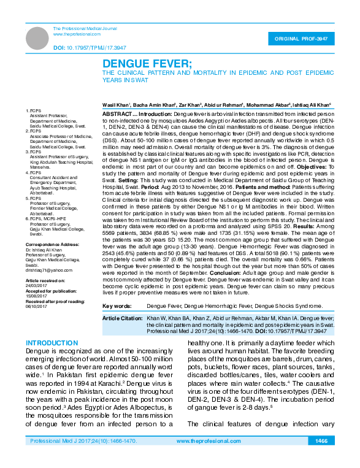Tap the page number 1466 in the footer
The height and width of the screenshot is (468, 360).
pyautogui.click(x=321, y=459)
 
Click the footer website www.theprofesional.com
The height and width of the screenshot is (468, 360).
pyautogui.click(x=203, y=459)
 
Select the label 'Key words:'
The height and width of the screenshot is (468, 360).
pyautogui.click(x=117, y=305)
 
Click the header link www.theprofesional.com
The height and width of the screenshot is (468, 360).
pyautogui.click(x=77, y=34)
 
